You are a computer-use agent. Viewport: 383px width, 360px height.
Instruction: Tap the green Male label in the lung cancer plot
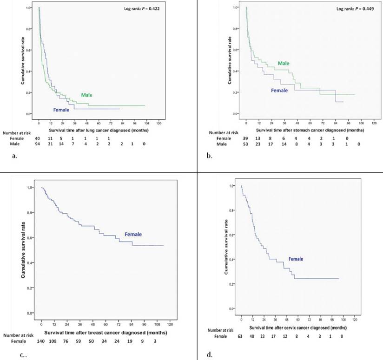pyautogui.click(x=86, y=95)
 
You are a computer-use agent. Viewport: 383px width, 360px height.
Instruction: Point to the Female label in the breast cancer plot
pyautogui.click(x=133, y=235)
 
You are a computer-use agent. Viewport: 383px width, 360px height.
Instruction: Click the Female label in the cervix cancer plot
pyautogui.click(x=297, y=258)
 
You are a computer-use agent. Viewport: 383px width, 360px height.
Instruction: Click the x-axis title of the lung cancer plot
pyautogui.click(x=99, y=131)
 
